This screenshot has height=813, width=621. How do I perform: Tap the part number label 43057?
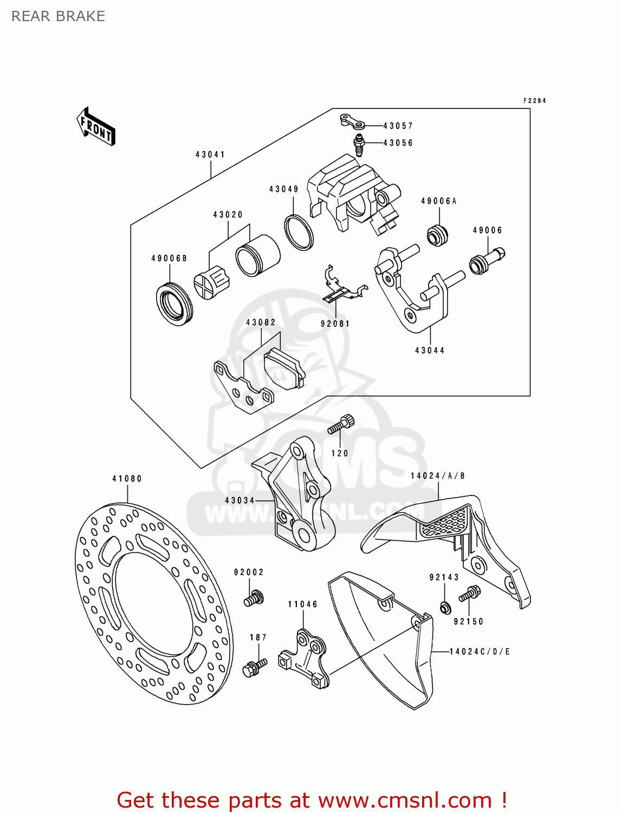tap(398, 126)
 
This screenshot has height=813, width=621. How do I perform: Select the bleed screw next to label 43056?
tap(358, 145)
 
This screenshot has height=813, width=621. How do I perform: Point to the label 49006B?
tap(169, 259)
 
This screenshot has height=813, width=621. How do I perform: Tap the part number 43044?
tap(430, 351)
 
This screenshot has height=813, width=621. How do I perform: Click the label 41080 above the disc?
tap(127, 479)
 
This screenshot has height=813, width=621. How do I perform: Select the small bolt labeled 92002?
tap(253, 598)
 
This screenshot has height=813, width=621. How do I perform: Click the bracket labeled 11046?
tap(305, 657)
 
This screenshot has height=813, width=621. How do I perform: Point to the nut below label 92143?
tap(444, 608)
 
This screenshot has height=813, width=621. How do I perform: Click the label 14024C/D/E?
tap(480, 651)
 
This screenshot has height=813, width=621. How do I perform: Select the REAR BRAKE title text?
tap(58, 16)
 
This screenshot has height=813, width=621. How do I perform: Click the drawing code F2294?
tap(534, 101)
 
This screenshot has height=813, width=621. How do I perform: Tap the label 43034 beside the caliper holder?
tap(240, 500)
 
